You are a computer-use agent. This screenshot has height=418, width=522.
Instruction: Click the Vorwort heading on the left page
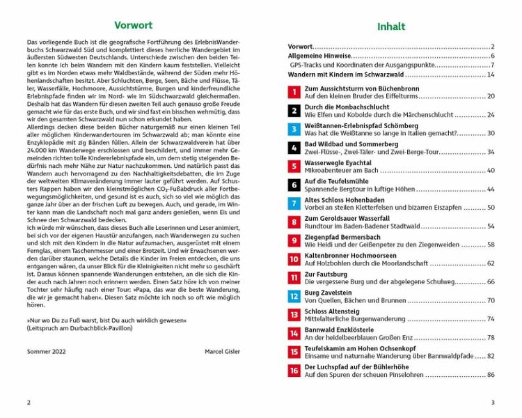point(132,26)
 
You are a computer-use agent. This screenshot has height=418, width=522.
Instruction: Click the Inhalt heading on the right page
point(390,27)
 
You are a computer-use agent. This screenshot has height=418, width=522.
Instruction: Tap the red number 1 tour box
point(294,92)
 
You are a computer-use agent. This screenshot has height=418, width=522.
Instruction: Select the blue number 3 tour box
point(294,129)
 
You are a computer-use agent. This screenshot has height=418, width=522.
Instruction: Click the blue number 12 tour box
point(294,296)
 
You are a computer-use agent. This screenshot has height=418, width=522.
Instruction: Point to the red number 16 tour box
point(294,371)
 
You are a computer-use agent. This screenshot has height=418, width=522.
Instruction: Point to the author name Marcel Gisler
point(222,351)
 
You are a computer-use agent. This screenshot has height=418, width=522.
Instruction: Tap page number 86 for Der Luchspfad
point(490,375)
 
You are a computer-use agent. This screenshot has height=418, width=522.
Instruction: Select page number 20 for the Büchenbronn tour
point(490,96)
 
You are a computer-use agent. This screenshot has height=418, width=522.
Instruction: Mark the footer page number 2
point(28,402)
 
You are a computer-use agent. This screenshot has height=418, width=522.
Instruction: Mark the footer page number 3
point(492,402)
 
